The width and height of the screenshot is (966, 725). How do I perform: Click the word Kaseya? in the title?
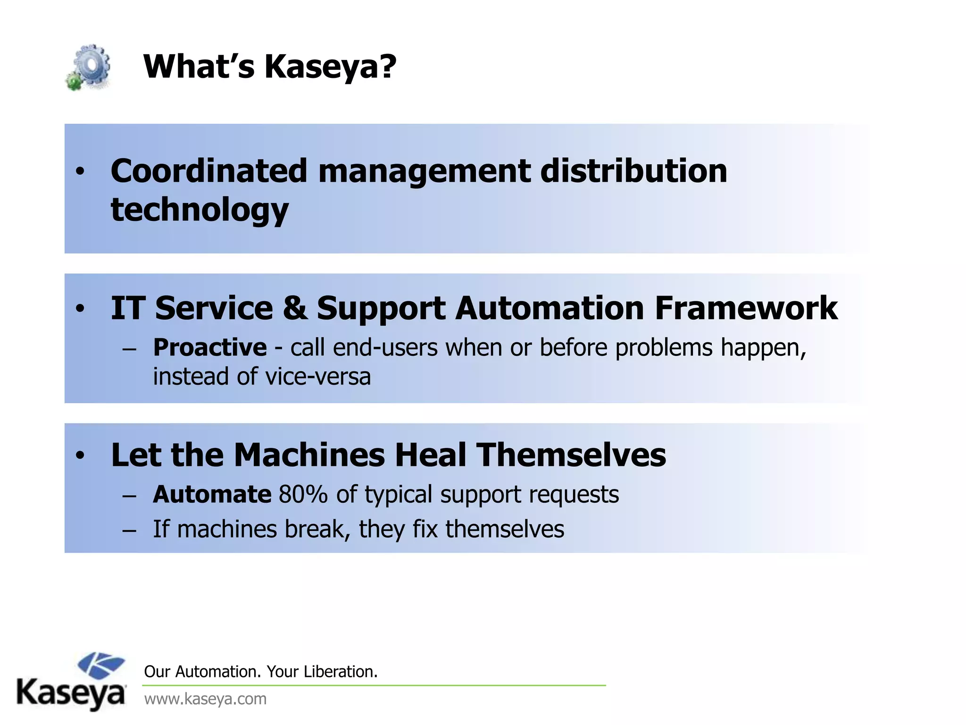330,67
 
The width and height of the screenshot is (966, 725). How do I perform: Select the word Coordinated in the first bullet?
208,171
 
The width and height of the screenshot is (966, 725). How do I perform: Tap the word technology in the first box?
200,210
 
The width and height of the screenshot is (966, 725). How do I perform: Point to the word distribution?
633,171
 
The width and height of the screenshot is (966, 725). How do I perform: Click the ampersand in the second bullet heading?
294,308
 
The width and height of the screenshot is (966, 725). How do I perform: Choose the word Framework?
746,308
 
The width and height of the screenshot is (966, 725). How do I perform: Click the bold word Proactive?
210,348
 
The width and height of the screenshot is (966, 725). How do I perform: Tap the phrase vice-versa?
318,377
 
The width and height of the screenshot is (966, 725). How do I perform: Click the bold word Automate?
212,495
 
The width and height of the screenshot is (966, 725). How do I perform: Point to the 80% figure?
303,495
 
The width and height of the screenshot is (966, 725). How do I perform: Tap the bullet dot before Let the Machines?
80,455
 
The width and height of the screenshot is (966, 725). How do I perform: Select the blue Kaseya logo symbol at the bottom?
101,665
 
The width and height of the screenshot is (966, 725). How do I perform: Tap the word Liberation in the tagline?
340,671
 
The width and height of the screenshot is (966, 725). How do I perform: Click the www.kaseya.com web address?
205,699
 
